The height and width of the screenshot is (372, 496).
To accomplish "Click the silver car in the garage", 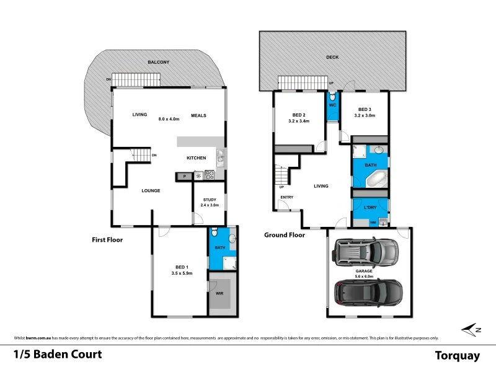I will (x=365, y=252).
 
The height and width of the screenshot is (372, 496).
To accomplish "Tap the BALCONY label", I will (x=159, y=63).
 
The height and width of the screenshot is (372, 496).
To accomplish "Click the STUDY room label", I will (x=210, y=200).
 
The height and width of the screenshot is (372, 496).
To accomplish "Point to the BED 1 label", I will (x=180, y=268).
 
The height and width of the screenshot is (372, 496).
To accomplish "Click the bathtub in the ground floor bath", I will (x=374, y=178).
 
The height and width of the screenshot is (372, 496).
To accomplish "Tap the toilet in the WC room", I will (x=333, y=97).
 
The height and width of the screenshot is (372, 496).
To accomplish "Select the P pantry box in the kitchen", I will (x=184, y=177).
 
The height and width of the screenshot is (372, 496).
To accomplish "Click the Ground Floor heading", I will (x=285, y=235).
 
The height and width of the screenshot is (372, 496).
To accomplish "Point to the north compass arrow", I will (x=473, y=329).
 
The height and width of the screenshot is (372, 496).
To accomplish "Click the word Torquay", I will (x=458, y=355).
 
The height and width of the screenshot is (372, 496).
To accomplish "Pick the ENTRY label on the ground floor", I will (x=286, y=197).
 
